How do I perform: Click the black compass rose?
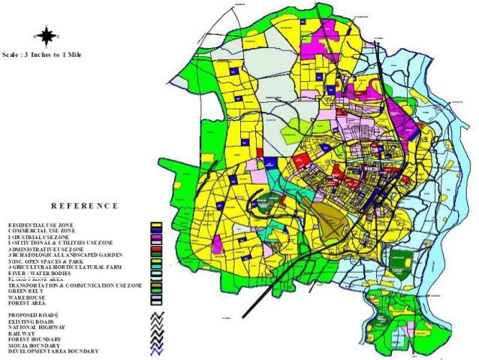(x=47, y=35)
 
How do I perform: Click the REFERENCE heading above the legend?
(x=85, y=205)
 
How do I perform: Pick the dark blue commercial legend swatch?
(x=157, y=231)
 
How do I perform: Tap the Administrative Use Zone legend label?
(x=46, y=250)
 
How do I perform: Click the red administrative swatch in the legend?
(x=157, y=250)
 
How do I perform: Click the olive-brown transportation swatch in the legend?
(x=157, y=286)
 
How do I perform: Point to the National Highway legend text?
(x=37, y=327)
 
